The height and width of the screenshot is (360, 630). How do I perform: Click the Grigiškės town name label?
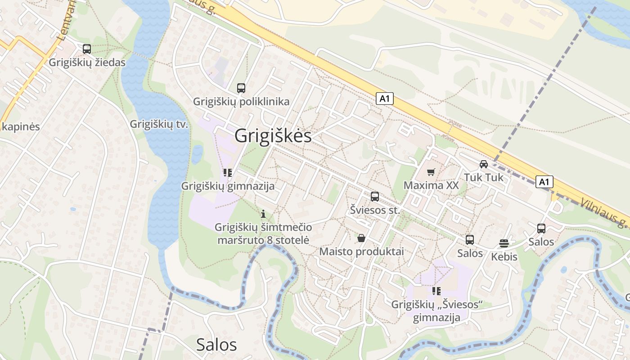click(273, 135)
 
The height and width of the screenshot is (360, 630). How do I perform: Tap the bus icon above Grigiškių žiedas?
click(87, 49)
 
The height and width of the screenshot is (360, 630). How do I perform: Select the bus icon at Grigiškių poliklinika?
click(241, 88)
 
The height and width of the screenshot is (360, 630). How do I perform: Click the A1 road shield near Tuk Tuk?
click(544, 182)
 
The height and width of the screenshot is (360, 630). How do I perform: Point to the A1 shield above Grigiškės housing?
click(385, 99)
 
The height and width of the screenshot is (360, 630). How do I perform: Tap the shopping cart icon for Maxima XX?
click(431, 172)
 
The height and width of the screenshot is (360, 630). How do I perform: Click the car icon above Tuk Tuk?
click(484, 164)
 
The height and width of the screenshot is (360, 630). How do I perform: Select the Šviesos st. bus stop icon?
click(375, 196)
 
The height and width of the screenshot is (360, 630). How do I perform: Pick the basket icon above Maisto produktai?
click(361, 238)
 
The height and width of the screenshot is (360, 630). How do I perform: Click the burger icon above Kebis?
click(504, 243)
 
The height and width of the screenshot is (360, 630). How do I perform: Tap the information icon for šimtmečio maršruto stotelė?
click(263, 214)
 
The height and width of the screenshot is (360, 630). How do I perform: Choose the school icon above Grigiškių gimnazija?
click(228, 172)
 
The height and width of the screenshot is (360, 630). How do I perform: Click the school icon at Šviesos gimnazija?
click(436, 291)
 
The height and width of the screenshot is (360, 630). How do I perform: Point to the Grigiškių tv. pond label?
click(159, 124)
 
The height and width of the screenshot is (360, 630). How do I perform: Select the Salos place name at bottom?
click(216, 344)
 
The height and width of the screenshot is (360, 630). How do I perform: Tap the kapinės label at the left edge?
click(21, 126)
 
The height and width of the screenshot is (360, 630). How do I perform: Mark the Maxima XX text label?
click(431, 185)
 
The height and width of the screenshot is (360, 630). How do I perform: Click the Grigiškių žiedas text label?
click(87, 63)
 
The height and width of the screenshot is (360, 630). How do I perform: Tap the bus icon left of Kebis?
click(470, 239)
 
